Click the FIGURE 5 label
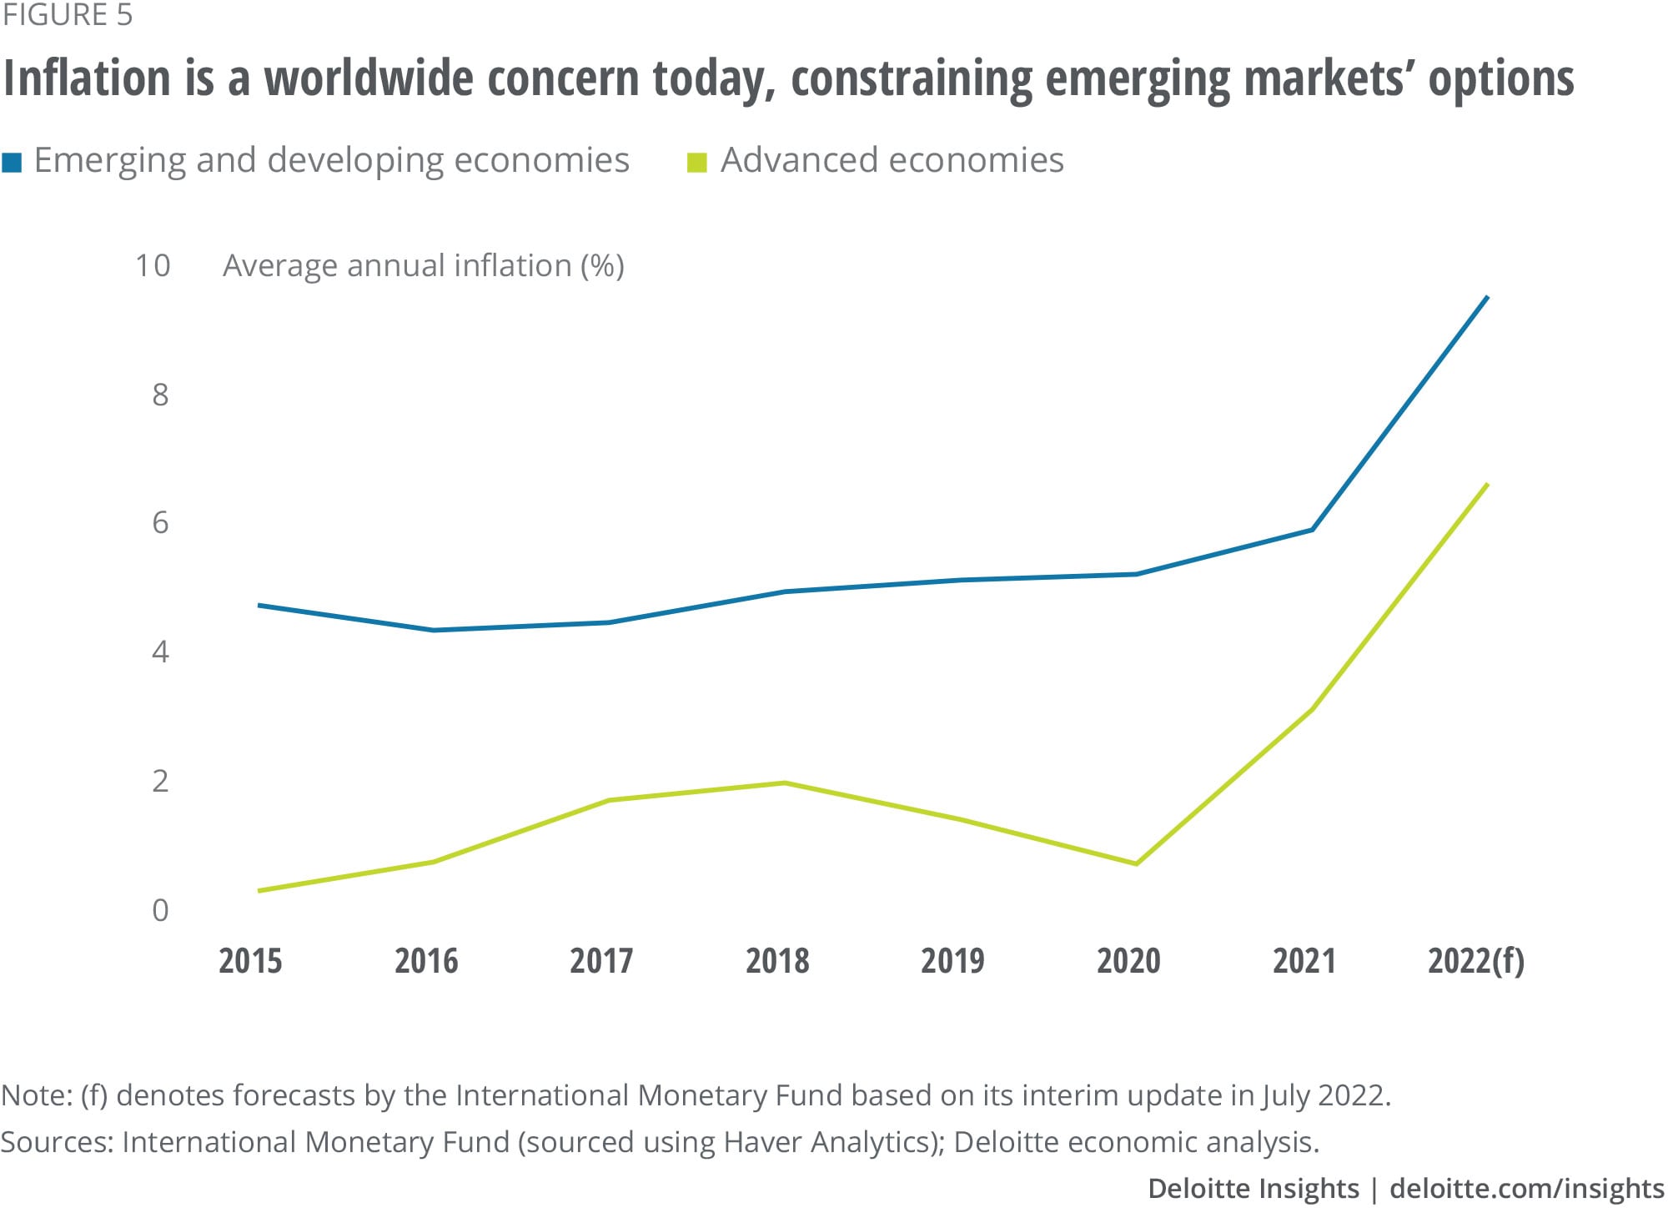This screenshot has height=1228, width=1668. tap(68, 16)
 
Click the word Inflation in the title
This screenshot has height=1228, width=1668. tap(87, 78)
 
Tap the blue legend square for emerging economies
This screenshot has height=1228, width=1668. tap(13, 162)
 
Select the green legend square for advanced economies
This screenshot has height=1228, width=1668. tap(696, 162)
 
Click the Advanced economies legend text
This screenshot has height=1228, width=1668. tap(892, 160)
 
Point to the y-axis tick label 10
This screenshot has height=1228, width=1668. tap(153, 265)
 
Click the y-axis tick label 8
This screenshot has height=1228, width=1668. tap(160, 395)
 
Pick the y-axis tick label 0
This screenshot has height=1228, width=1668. tap(160, 910)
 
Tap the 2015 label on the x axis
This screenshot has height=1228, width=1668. tap(250, 961)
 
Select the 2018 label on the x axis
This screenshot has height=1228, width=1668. tap(777, 961)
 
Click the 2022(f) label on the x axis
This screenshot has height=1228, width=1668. tap(1475, 961)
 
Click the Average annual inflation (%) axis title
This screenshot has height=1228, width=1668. tap(424, 266)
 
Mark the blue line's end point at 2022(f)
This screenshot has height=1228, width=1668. tap(1488, 297)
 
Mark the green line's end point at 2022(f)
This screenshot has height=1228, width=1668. tap(1488, 484)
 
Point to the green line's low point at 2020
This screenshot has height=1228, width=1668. tap(1137, 863)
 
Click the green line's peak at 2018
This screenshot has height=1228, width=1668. tap(785, 783)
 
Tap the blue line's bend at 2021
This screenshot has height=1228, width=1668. tap(1313, 529)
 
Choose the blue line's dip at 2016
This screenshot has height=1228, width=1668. tap(434, 630)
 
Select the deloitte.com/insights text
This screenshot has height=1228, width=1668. tap(1526, 1189)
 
